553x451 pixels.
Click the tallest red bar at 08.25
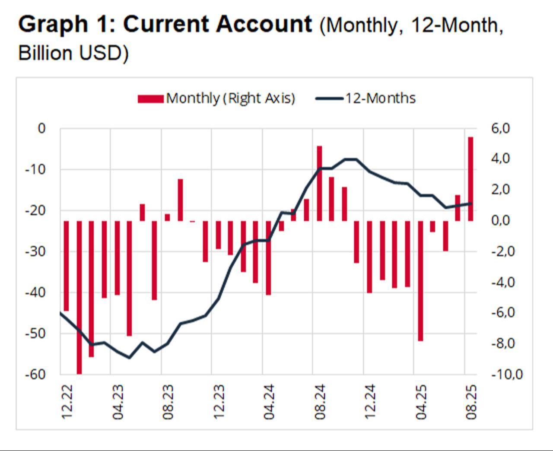coord(470,179)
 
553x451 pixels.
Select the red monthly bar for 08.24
coord(320,184)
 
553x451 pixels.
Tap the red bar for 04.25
coord(420,281)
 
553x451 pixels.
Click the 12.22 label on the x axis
coord(67,402)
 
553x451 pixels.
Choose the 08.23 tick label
coord(168,402)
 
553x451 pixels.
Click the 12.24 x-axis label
coord(370,402)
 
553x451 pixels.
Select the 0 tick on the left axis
coord(41,128)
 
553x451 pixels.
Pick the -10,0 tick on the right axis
coord(506,374)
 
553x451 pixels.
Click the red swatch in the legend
coord(150,98)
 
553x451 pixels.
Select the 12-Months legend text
coord(380,98)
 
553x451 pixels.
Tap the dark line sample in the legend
coord(329,98)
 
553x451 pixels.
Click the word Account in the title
coord(264,24)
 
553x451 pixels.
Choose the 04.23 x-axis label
coord(118,402)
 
